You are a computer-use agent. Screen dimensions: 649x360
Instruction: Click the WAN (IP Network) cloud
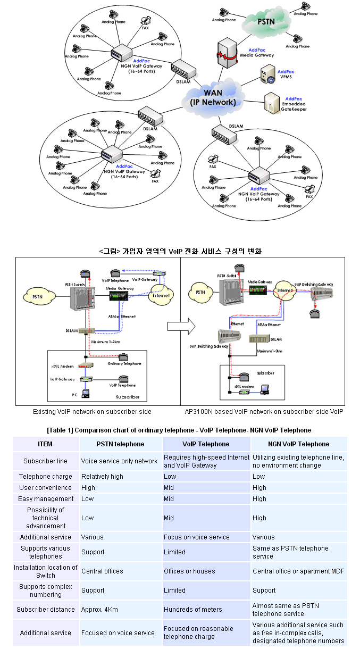[213, 97]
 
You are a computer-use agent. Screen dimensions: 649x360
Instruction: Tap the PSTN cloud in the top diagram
[265, 23]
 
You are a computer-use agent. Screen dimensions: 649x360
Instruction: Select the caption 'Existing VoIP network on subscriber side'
[92, 411]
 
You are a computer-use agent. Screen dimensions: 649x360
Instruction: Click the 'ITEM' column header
[45, 444]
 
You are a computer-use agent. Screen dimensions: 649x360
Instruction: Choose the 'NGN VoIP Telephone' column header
[298, 444]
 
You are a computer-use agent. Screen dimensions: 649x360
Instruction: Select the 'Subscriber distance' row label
[45, 610]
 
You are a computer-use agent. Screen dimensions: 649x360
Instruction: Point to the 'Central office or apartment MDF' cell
[298, 571]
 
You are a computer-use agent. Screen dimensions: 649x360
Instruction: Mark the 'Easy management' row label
[46, 499]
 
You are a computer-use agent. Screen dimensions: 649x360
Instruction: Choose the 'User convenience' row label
[45, 488]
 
